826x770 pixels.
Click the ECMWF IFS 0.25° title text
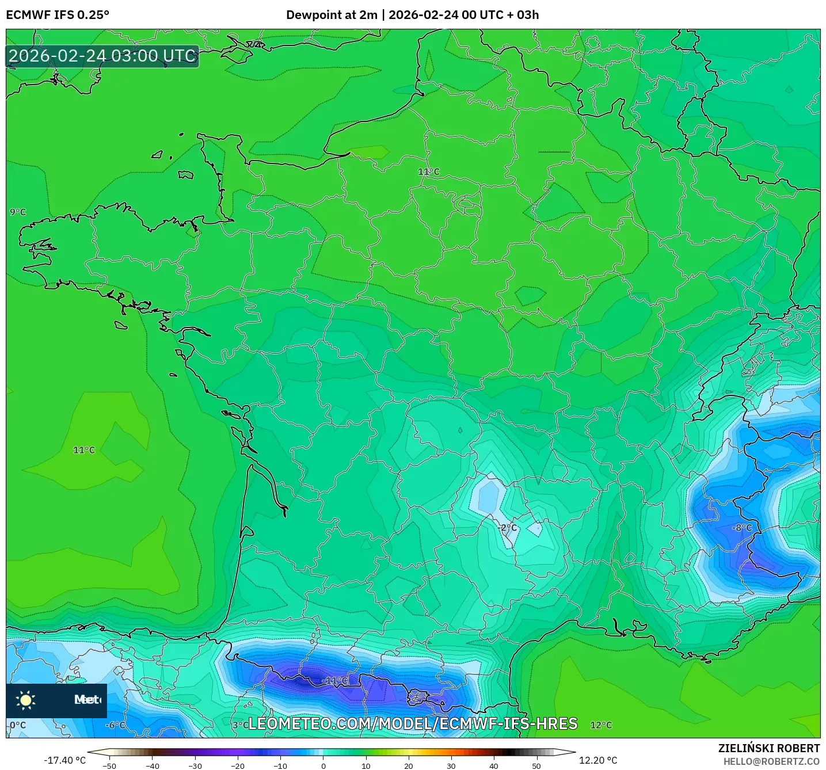[x=58, y=15]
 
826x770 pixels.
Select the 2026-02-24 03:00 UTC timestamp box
[x=102, y=56]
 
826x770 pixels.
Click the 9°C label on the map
[x=18, y=212]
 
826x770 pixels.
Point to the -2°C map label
[x=507, y=528]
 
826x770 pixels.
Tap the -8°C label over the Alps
[x=742, y=528]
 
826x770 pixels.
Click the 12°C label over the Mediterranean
[x=601, y=725]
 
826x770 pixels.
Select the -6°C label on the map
[x=115, y=725]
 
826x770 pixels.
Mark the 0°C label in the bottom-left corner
[x=18, y=725]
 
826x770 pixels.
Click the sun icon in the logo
[x=26, y=700]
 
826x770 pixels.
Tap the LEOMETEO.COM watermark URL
[x=412, y=724]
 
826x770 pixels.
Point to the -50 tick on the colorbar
[x=109, y=766]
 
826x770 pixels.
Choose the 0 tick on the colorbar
[x=323, y=766]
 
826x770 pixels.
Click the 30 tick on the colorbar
[x=451, y=766]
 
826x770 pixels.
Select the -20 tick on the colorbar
[x=238, y=766]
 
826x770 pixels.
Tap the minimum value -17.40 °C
[x=64, y=760]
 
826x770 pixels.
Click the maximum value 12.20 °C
[x=598, y=760]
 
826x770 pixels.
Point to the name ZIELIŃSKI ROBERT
[x=769, y=748]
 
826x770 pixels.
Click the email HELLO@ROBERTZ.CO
[x=771, y=761]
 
